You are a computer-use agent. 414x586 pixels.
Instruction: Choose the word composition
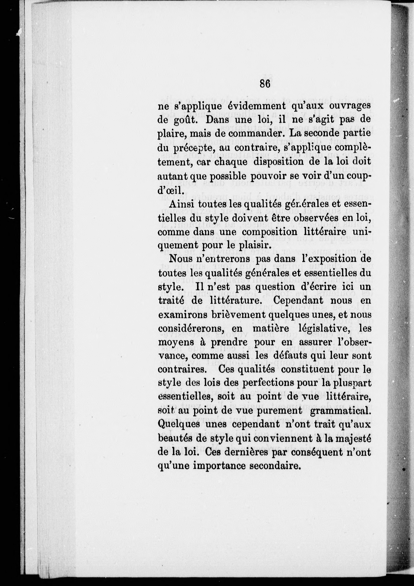pos(269,232)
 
